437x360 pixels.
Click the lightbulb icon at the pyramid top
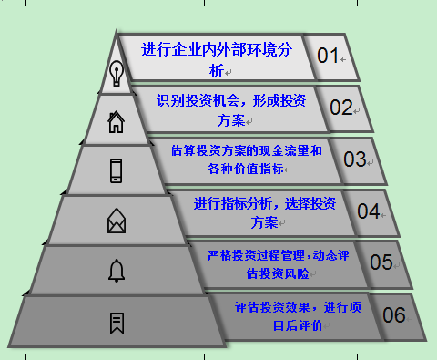(x=116, y=73)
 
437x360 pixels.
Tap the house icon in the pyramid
(x=116, y=121)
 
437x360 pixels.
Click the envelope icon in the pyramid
(x=116, y=220)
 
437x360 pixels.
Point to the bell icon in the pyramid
(x=116, y=270)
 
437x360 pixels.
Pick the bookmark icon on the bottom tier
(x=116, y=322)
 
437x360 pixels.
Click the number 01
(x=328, y=56)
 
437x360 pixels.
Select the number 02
(x=340, y=107)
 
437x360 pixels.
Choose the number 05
(x=380, y=262)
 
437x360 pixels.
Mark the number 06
(x=393, y=315)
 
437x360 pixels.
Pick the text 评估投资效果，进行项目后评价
(x=296, y=315)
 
